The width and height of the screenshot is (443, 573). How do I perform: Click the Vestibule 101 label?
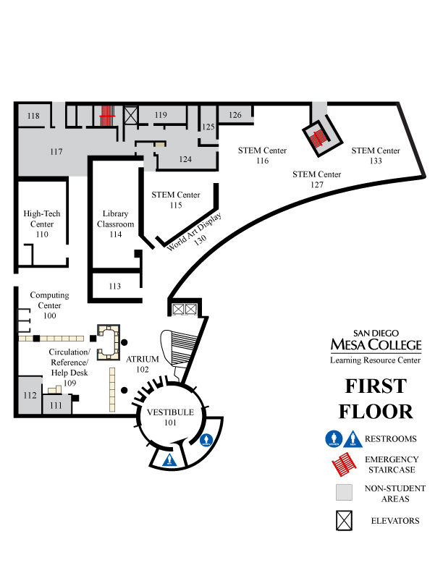170,417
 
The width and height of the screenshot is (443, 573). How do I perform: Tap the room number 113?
114,286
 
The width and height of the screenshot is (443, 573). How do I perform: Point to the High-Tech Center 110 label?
42,224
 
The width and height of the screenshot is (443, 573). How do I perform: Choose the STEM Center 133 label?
376,156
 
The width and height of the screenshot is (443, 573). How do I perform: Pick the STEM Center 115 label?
176,200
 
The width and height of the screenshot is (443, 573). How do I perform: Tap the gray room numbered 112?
30,396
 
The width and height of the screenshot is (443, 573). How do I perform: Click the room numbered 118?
33,116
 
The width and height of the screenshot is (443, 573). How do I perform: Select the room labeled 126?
235,115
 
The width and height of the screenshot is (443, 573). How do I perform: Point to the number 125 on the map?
208,127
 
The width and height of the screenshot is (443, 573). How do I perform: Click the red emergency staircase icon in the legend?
344,462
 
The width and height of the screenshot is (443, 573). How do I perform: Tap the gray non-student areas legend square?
344,493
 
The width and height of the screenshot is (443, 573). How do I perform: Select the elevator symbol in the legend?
344,520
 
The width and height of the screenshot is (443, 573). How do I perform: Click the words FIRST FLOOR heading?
376,399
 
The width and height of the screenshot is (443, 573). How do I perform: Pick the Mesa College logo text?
375,341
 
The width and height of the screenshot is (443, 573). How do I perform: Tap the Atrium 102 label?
142,364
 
